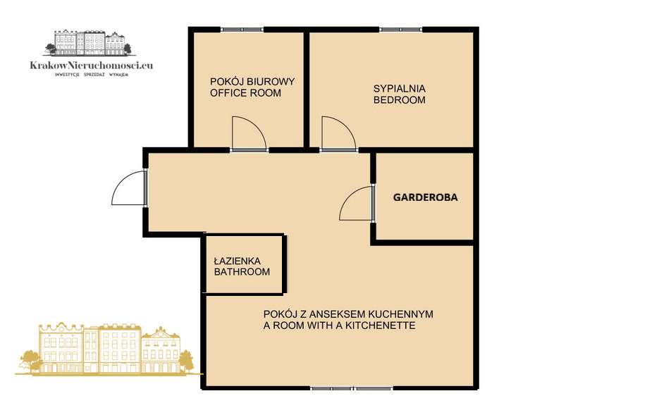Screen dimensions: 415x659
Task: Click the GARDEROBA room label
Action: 425,198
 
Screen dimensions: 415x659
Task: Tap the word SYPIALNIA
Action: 399,89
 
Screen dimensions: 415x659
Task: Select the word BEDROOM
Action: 399,100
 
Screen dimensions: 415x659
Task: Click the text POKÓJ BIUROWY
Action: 252,82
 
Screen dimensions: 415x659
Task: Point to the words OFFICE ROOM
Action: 245,93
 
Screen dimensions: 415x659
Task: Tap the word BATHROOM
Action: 242,272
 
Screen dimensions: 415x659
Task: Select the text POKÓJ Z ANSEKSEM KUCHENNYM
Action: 347,314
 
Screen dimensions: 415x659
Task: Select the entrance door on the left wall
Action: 128,188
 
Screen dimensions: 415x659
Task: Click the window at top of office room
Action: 242,30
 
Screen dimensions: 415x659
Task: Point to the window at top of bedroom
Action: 400,30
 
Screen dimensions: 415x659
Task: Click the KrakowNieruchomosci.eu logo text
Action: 92,66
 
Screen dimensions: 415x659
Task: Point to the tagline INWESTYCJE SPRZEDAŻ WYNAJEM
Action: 92,74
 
